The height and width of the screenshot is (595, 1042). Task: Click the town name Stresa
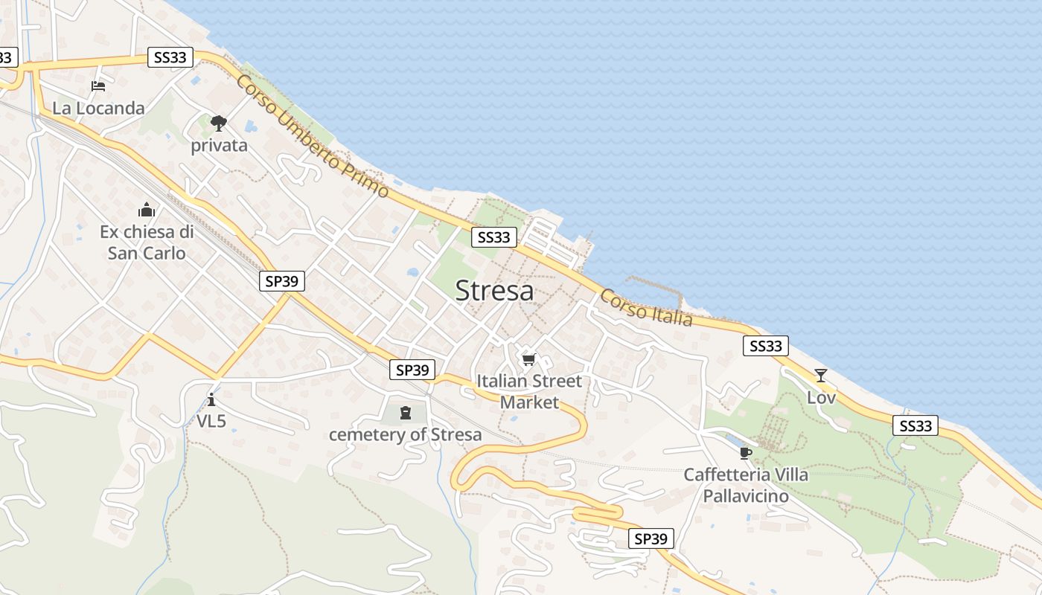point(494,291)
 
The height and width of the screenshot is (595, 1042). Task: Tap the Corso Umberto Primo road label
point(313,136)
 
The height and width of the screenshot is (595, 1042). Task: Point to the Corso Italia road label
point(646,307)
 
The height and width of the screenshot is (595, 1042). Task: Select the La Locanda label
point(98,108)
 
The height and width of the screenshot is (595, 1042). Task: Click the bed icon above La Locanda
point(98,86)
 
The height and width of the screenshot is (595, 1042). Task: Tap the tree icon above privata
point(218,123)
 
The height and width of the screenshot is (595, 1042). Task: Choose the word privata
point(219,145)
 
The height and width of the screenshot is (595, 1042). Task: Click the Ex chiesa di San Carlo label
point(147,242)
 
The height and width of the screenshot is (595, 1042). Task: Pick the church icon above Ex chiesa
point(147,210)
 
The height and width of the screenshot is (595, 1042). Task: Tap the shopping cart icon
point(528,360)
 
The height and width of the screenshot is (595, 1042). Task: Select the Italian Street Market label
point(529,392)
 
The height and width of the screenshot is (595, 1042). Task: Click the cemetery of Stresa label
point(406,434)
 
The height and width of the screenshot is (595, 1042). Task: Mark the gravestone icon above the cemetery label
point(406,412)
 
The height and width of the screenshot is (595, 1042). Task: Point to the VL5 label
point(211,421)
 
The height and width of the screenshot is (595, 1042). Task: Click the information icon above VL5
point(211,400)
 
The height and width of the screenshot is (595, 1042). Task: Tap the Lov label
point(821,398)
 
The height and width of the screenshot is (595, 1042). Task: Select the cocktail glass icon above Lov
point(820,376)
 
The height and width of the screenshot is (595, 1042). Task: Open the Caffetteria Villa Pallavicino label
point(746,484)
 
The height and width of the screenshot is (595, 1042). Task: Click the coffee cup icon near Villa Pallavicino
point(746,453)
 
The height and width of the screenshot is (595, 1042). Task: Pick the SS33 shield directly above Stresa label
point(494,237)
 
